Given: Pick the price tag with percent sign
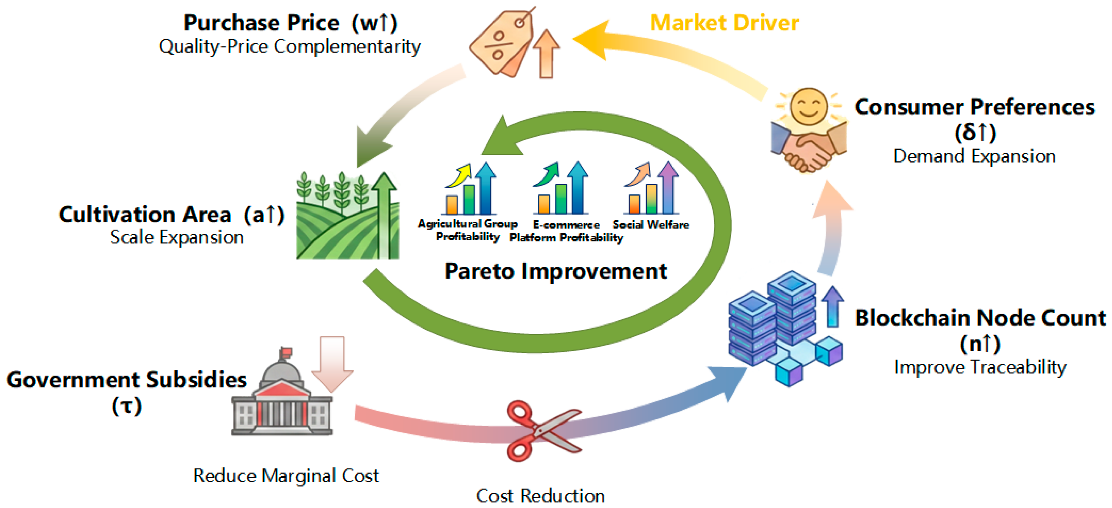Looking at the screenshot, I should coord(501,43).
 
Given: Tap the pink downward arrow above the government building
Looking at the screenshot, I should coord(332,363).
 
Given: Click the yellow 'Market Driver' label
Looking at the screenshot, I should coord(724,22).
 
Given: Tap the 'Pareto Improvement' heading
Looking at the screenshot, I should coord(555,271).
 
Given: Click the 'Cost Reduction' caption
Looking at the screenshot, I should coord(540,495).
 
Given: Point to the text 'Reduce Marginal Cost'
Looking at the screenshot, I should coord(286,475).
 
